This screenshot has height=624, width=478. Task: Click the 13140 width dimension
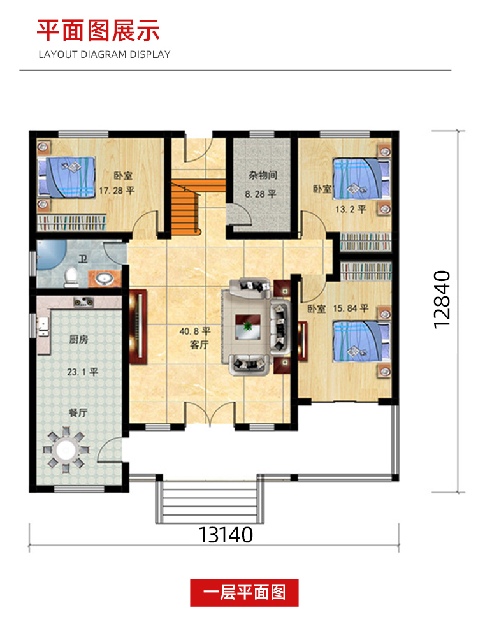(x=225, y=535)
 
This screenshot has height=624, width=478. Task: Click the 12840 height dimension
(x=442, y=300)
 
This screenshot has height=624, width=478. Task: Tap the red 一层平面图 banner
(x=244, y=593)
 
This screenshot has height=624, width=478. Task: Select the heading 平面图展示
(x=98, y=30)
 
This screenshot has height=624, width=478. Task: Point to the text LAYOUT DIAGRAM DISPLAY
(x=105, y=55)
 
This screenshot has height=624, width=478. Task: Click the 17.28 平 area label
(x=117, y=191)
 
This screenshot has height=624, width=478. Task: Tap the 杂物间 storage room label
(x=263, y=175)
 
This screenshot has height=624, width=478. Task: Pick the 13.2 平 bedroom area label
(x=351, y=209)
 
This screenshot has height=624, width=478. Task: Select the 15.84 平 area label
(x=351, y=308)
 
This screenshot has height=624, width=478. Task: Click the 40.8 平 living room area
(x=194, y=331)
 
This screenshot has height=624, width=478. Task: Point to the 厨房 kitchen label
(x=78, y=340)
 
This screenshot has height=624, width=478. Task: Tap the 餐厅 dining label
(x=78, y=412)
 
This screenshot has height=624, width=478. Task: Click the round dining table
(x=66, y=450)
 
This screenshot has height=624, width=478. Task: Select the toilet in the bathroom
(x=71, y=277)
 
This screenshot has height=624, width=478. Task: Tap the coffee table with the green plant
(x=247, y=327)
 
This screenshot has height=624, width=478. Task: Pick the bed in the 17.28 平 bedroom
(x=67, y=177)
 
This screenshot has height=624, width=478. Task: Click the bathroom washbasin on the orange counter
(x=105, y=279)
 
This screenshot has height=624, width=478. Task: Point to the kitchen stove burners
(x=83, y=303)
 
